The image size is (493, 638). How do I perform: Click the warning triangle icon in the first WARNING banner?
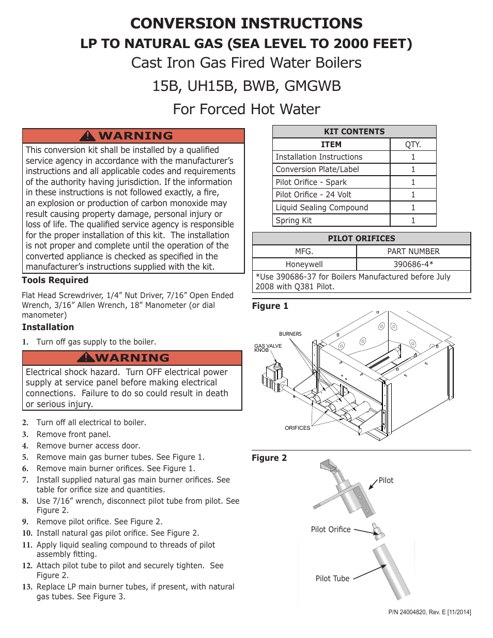88,136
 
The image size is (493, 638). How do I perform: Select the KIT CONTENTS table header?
354,132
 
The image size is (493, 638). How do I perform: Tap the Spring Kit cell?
331,221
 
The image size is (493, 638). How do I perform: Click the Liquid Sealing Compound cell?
331,208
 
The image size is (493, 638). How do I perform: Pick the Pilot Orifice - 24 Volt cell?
331,195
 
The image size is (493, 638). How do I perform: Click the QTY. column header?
413,145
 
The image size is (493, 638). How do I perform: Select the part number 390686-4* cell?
413,264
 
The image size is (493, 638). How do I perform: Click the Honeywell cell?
304,264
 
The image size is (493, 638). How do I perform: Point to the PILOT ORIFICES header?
361,239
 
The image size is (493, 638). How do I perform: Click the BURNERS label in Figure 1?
290,334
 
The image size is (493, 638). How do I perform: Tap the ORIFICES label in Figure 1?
297,428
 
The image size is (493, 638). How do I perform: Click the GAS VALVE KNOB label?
268,348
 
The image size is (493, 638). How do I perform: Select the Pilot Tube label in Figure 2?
332,579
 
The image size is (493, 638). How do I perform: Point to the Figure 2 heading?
269,458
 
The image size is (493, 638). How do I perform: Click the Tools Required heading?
55,280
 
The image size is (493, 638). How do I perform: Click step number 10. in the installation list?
27,533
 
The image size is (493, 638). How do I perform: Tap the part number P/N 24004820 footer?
429,612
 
